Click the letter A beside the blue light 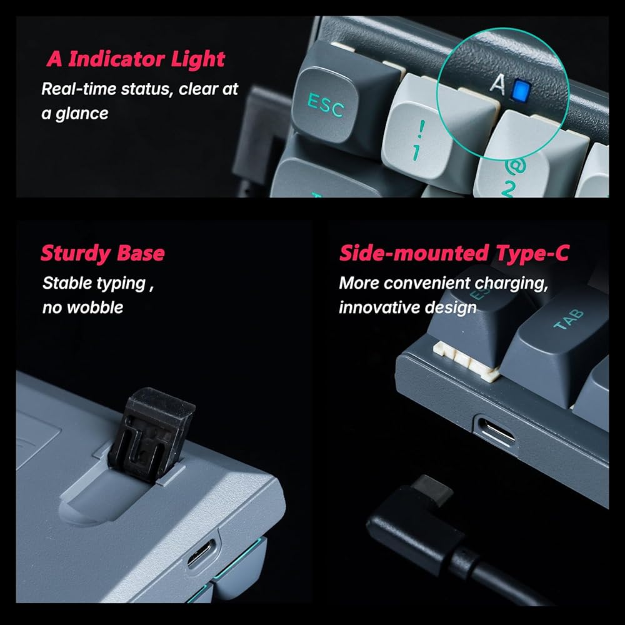(497, 84)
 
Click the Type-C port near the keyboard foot (202, 553)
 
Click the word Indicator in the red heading (116, 59)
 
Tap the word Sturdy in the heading (76, 254)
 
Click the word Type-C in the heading (532, 253)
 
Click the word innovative (378, 307)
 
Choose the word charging (511, 284)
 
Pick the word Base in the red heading (141, 254)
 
